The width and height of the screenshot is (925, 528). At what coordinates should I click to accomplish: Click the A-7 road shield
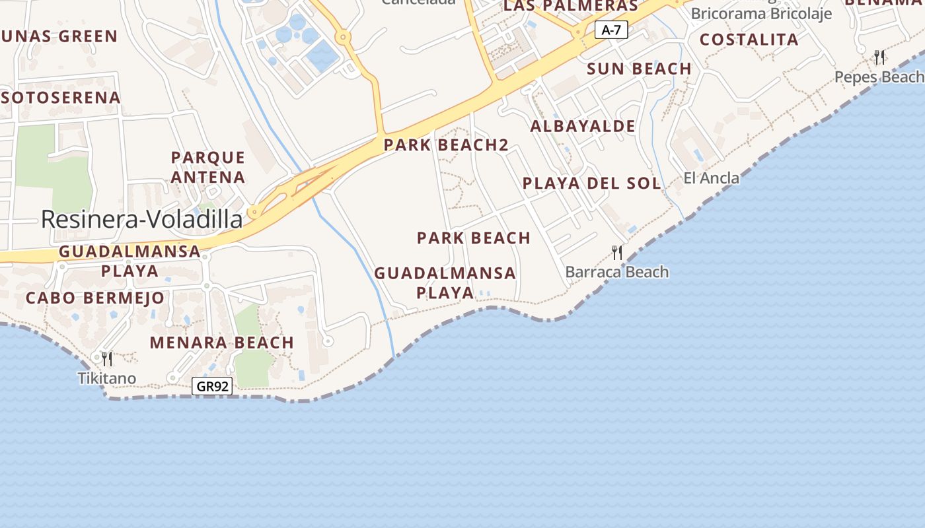pos(610,30)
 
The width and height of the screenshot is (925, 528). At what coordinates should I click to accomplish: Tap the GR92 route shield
pos(212,386)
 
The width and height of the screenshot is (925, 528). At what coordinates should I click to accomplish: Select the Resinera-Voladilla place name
pos(141,219)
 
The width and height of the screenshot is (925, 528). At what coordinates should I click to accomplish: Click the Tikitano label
pos(107,378)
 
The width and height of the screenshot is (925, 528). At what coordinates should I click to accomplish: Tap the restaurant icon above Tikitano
pos(107,358)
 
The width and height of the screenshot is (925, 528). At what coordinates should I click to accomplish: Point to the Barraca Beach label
pos(617,272)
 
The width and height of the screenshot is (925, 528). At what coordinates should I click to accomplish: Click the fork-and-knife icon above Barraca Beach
pos(617,252)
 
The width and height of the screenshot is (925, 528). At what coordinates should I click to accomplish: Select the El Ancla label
pos(712,178)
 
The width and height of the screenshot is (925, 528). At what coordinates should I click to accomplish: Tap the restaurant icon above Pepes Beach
pos(879,57)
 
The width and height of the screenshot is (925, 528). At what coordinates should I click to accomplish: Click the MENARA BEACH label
pos(221,343)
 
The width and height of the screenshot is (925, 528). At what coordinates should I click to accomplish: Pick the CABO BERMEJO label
pos(94,298)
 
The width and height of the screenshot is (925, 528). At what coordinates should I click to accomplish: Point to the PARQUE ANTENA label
pos(208,167)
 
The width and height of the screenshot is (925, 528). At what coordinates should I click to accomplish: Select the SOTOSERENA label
pos(61,98)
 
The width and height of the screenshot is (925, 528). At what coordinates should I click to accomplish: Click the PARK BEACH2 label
pos(446,145)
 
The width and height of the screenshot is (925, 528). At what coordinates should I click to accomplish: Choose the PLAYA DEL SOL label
pos(591,183)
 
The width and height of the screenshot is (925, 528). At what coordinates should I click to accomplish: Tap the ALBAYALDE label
pos(583,126)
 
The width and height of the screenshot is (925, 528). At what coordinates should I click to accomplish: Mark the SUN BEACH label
pos(639,69)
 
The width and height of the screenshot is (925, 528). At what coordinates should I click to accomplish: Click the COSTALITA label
pos(749,40)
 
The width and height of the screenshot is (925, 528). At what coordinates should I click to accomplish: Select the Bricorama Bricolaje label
pos(761,14)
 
